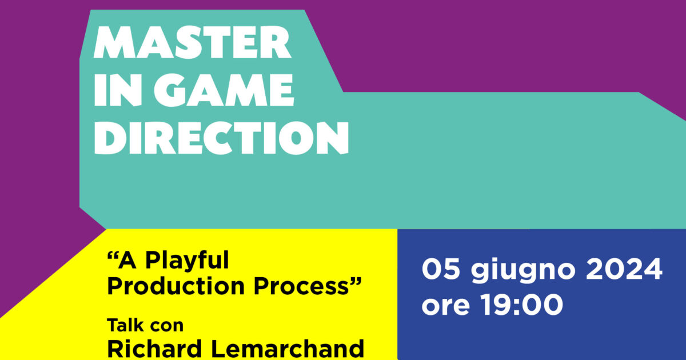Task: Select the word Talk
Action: [123, 325]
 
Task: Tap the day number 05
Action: [441, 269]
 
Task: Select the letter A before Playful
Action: [130, 262]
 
